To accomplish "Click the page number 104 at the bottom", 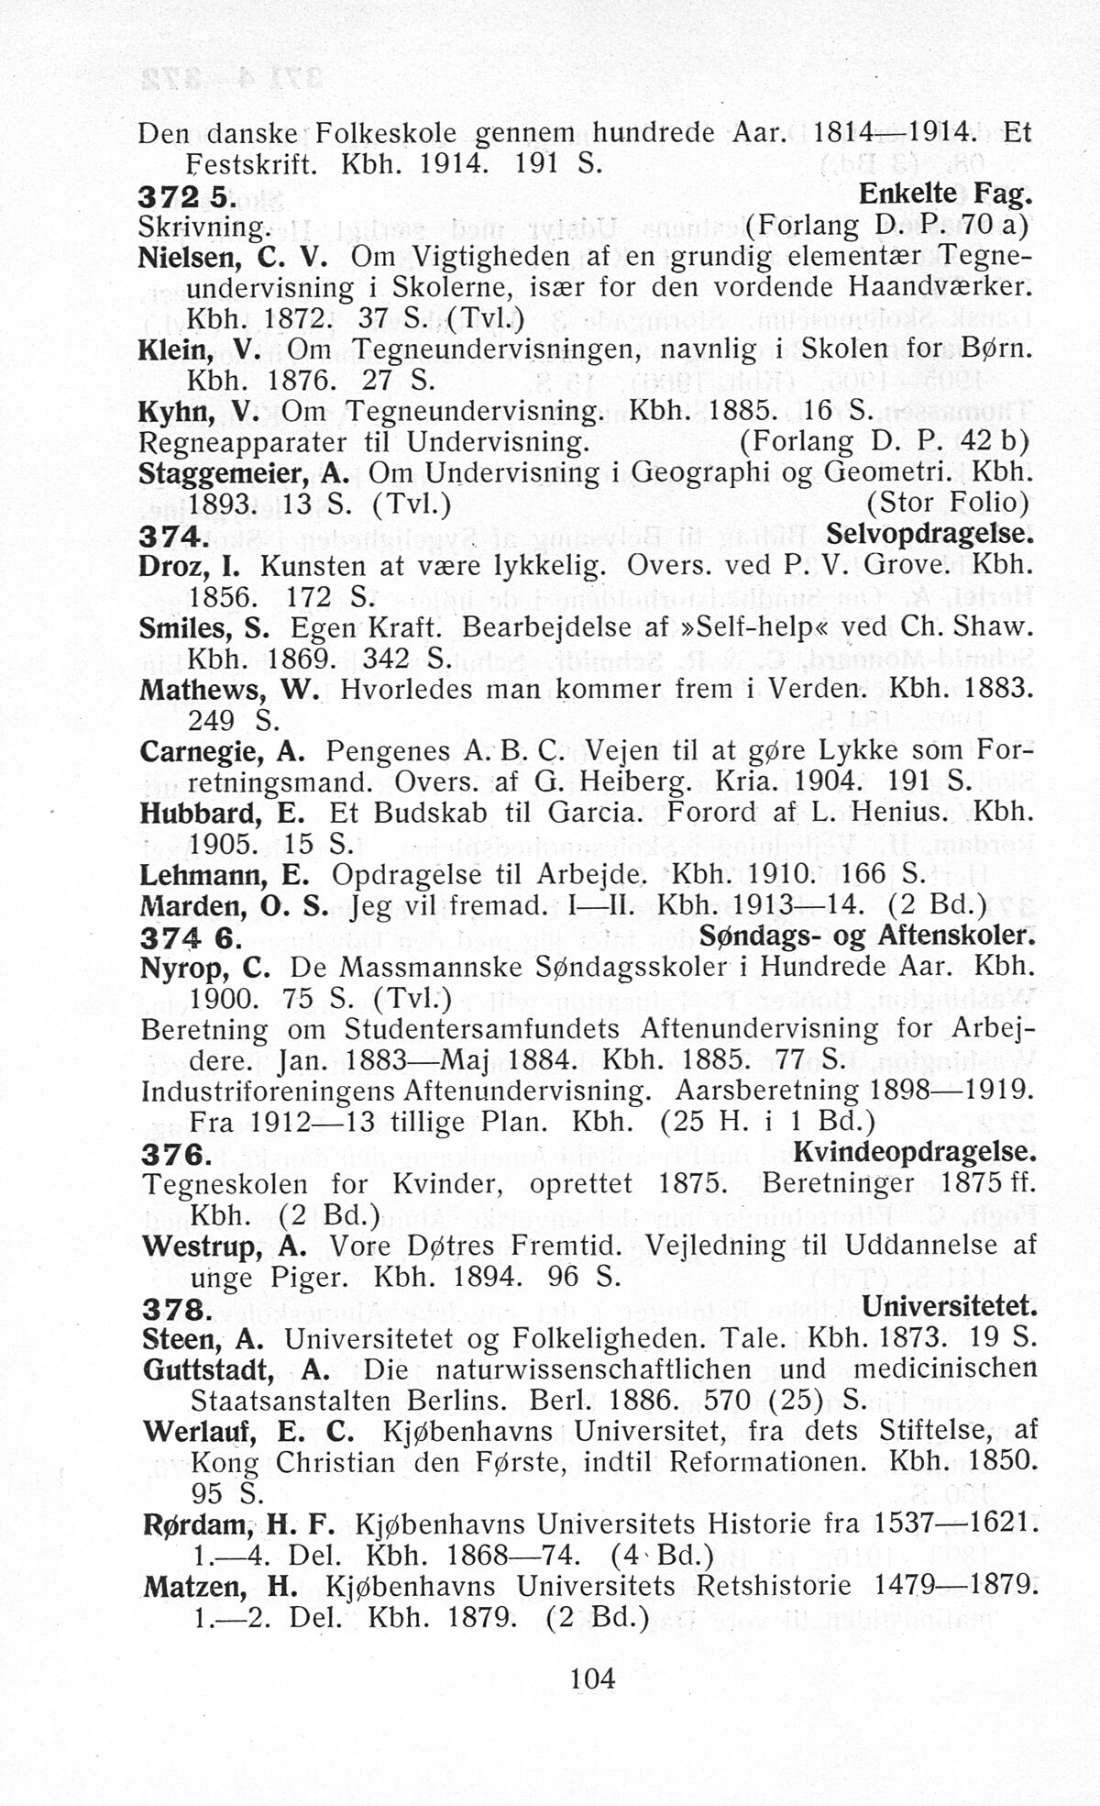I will pyautogui.click(x=592, y=1679).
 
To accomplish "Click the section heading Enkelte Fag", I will pyautogui.click(x=945, y=194).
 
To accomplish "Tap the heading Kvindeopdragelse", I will pyautogui.click(x=914, y=1151).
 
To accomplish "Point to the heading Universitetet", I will pyautogui.click(x=950, y=1306).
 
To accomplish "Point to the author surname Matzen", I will pyautogui.click(x=193, y=1587).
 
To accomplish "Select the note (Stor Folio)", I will pyautogui.click(x=948, y=504).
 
